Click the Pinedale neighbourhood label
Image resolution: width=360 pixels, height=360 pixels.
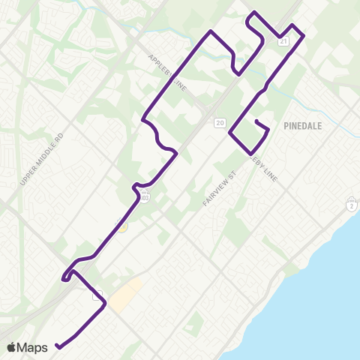point(303,126)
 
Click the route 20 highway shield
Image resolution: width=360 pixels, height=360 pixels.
point(219,122)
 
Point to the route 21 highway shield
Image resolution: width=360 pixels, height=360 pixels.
point(283,42)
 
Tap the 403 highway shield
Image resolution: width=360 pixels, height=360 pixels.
point(145,197)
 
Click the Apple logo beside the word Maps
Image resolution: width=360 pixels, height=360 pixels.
point(13,346)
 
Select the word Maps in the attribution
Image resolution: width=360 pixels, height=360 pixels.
point(34,347)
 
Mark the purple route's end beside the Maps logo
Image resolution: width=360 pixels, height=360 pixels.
point(57,346)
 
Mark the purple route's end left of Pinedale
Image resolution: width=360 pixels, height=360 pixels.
point(256,121)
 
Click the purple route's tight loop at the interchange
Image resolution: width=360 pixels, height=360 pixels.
point(69,275)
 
